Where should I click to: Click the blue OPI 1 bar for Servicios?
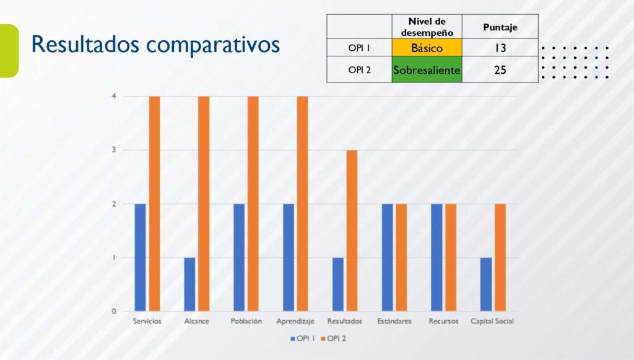pyautogui.click(x=140, y=257)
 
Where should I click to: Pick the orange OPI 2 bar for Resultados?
pyautogui.click(x=352, y=230)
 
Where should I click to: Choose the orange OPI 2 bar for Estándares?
pyautogui.click(x=401, y=257)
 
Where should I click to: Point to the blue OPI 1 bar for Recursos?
pyautogui.click(x=437, y=257)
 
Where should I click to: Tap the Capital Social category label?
pyautogui.click(x=492, y=321)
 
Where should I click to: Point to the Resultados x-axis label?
pyautogui.click(x=345, y=321)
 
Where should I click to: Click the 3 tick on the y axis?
pyautogui.click(x=114, y=150)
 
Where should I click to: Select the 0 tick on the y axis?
pyautogui.click(x=114, y=311)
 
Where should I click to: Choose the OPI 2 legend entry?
pyautogui.click(x=334, y=338)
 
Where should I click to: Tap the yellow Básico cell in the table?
pyautogui.click(x=427, y=48)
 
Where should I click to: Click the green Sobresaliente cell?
pyautogui.click(x=427, y=70)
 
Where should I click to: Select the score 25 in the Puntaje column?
pyautogui.click(x=500, y=70)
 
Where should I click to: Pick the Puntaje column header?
pyautogui.click(x=500, y=27)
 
